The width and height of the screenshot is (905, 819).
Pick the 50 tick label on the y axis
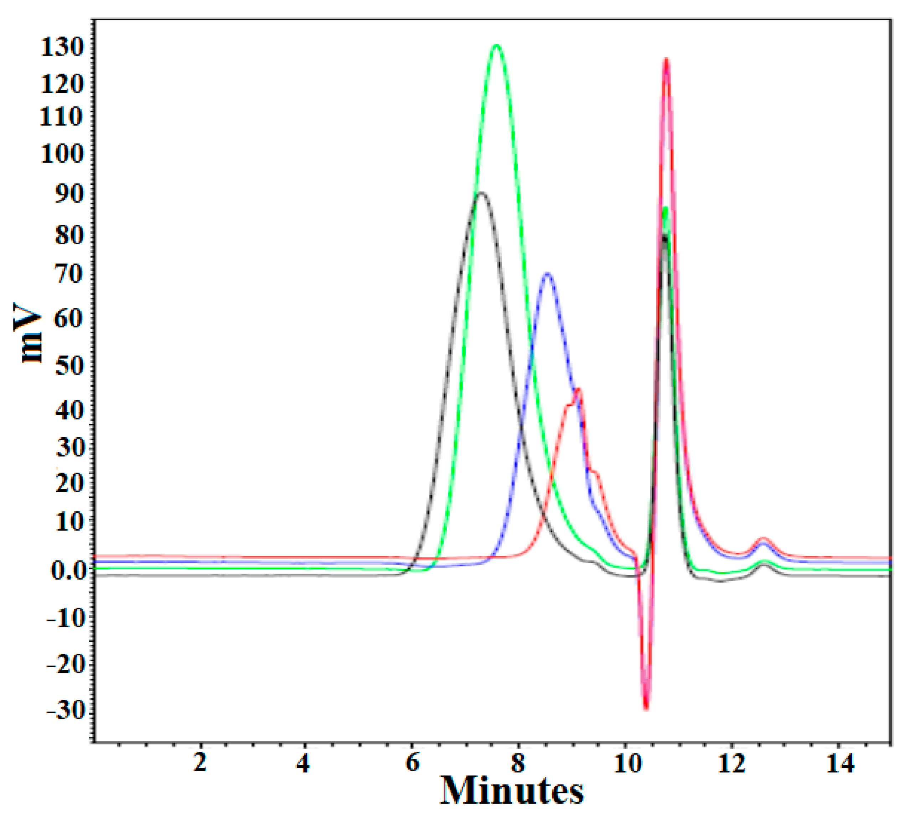tap(69, 366)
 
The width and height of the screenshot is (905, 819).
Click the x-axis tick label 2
tap(200, 762)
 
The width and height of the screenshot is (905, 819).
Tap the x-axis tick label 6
tap(413, 762)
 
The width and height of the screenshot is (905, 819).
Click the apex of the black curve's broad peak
tap(481, 193)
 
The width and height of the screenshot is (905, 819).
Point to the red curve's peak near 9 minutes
tap(578, 389)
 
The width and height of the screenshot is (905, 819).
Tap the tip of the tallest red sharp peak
tap(666, 60)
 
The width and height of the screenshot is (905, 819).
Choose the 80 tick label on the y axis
tap(69, 235)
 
